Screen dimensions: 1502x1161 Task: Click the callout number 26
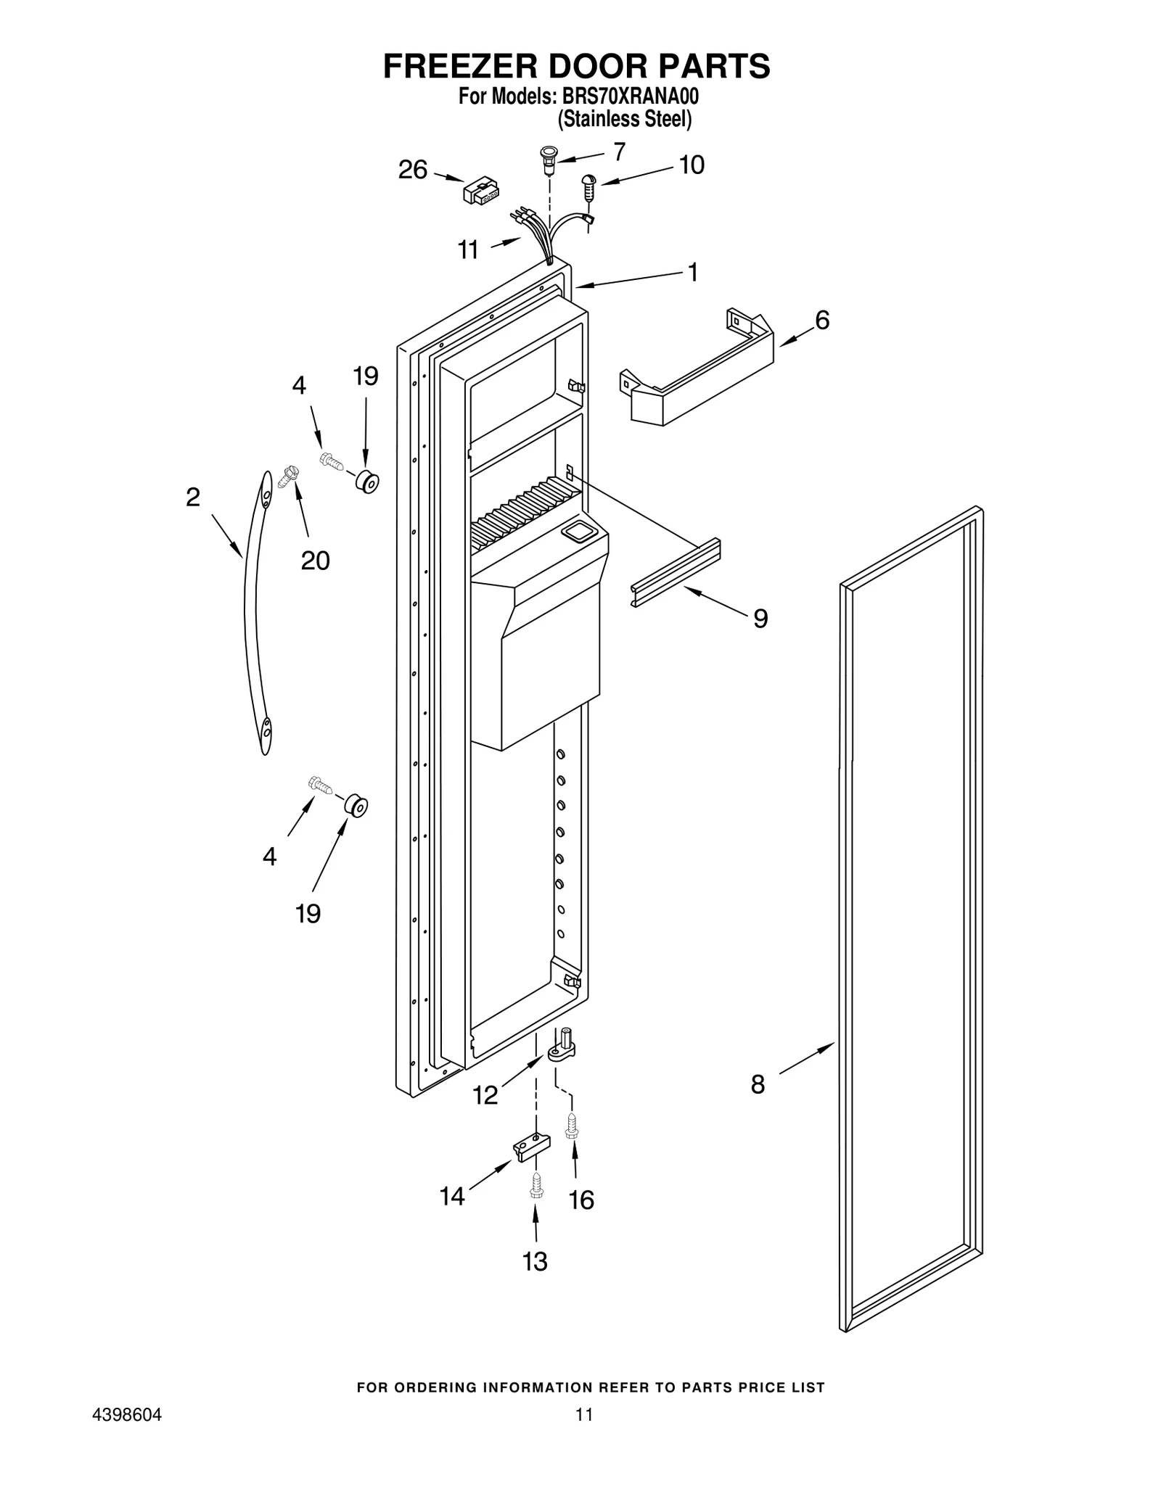[413, 170]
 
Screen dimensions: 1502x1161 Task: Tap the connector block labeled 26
[480, 192]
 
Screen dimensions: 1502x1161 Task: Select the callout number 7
[619, 152]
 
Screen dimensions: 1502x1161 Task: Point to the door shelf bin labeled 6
[697, 370]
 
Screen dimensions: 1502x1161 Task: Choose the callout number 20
[316, 560]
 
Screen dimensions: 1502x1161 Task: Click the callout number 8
[758, 1105]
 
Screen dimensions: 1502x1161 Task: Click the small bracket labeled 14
[531, 1148]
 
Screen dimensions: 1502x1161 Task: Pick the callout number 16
[581, 1200]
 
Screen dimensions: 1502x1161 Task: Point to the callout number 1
[693, 273]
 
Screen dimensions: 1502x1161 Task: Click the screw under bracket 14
[537, 1186]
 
